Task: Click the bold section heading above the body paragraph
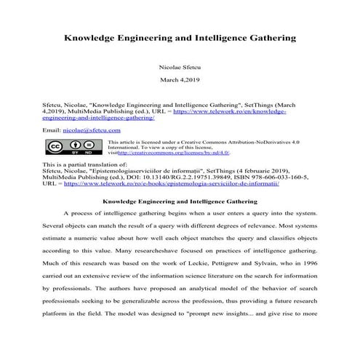pyautogui.click(x=180, y=199)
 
